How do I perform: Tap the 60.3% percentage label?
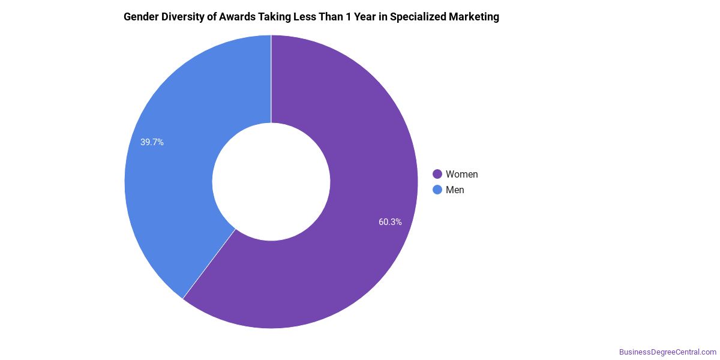[x=390, y=222]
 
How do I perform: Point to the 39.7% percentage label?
[x=152, y=142]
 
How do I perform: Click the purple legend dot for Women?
[x=437, y=174]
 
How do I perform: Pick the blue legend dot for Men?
[x=437, y=190]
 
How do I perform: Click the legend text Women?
[x=461, y=174]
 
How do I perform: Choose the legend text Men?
[x=455, y=190]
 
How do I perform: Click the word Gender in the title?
[x=141, y=17]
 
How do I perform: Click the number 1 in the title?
[x=348, y=17]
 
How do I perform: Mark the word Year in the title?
[x=365, y=17]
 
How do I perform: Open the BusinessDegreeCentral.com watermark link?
[x=668, y=352]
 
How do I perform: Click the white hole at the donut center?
[x=271, y=182]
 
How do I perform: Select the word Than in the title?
[x=331, y=17]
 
